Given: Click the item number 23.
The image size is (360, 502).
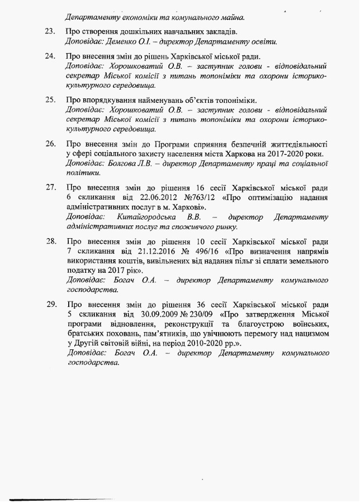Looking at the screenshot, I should point(50,31).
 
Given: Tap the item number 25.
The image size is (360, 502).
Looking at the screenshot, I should point(50,101).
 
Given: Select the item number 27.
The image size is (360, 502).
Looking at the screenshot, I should point(50,187).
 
